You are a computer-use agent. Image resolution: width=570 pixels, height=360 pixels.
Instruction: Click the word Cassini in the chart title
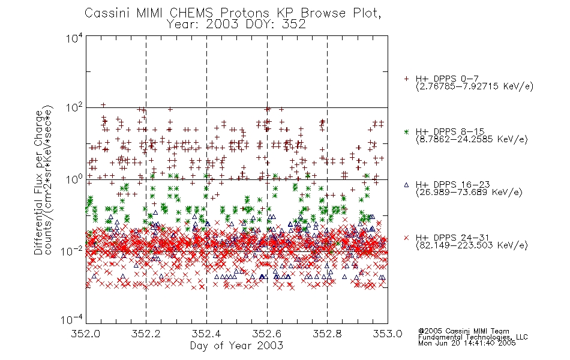tap(107, 13)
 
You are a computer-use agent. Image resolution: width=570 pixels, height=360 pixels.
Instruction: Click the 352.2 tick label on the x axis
tap(146, 334)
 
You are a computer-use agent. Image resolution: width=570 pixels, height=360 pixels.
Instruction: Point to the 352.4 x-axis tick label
tap(206, 334)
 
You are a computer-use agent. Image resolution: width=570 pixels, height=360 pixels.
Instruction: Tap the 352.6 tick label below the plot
tap(267, 334)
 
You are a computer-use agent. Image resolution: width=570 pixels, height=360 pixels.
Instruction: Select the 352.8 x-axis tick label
tap(327, 334)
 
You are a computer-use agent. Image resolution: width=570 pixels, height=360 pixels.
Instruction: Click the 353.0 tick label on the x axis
tap(388, 334)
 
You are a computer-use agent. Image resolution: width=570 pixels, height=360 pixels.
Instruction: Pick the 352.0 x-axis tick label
tap(85, 334)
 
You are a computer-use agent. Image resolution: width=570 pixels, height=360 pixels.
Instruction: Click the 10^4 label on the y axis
tap(74, 38)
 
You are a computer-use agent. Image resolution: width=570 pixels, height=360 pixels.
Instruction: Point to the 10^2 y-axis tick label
tap(74, 108)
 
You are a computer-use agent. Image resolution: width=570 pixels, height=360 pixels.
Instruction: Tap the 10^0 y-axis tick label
tap(74, 179)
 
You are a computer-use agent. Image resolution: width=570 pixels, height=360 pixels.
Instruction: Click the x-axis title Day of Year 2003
tap(236, 346)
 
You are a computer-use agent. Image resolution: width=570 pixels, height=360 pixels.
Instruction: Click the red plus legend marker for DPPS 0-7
tap(406, 79)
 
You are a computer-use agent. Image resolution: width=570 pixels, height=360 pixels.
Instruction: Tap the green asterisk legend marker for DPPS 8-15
tap(406, 131)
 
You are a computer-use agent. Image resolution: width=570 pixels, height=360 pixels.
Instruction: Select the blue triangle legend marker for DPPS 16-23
tap(406, 185)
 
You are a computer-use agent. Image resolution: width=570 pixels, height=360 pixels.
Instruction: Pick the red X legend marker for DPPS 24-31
tap(406, 238)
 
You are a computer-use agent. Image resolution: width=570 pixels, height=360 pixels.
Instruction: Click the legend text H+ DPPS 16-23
tap(453, 185)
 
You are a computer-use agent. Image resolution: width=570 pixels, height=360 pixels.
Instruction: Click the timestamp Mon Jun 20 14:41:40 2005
tap(467, 343)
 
